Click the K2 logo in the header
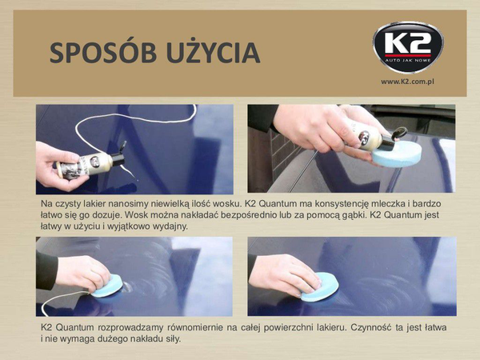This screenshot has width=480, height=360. [x=408, y=47]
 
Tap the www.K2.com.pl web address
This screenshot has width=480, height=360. [x=407, y=82]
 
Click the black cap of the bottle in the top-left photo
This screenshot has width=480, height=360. [x=119, y=156]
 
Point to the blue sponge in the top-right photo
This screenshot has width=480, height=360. [x=397, y=154]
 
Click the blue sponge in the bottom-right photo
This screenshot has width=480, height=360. [x=319, y=287]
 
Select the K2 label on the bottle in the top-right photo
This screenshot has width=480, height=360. [x=364, y=137]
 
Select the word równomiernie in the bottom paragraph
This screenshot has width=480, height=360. [x=194, y=328]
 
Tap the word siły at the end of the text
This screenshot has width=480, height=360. [x=174, y=339]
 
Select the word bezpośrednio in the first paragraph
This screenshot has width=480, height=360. [x=249, y=215]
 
